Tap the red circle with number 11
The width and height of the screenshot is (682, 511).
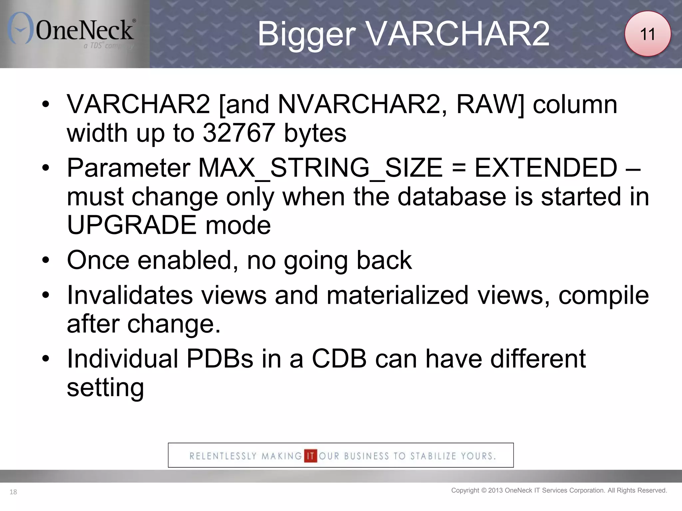coord(647,34)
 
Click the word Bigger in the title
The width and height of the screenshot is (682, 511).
coord(306,34)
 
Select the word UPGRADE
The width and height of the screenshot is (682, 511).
coord(132,225)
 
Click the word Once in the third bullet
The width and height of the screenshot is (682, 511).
coord(98,260)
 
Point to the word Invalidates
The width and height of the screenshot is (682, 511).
coord(130,295)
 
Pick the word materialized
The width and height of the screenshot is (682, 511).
coord(397,295)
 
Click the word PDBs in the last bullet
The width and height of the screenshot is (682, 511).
coord(220,359)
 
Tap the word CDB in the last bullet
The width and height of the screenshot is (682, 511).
coord(339,359)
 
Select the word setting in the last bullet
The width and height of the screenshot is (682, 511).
coord(105,388)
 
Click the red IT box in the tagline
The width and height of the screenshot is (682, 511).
coord(310,456)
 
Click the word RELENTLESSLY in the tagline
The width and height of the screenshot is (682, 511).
coord(223,456)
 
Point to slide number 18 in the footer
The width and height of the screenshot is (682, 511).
coord(13,492)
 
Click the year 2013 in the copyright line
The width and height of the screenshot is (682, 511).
coord(496,490)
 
